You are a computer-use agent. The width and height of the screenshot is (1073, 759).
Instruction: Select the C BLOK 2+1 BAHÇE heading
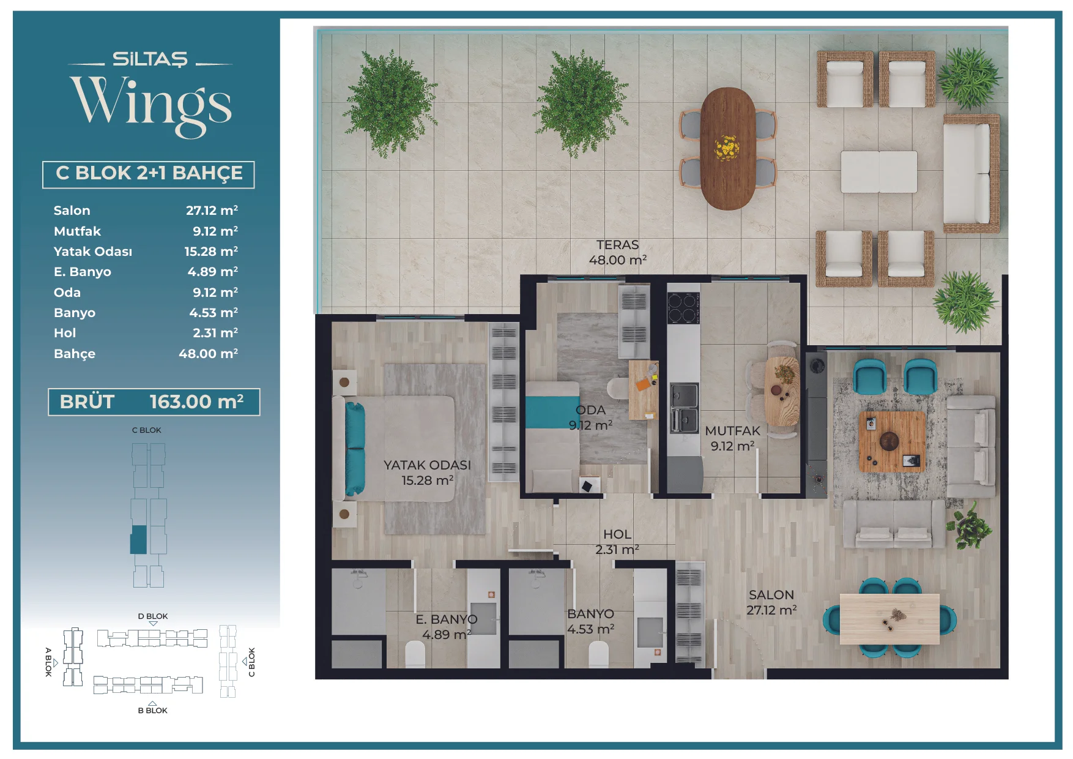pyautogui.click(x=149, y=173)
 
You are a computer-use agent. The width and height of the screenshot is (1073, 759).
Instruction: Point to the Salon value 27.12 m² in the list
pyautogui.click(x=212, y=211)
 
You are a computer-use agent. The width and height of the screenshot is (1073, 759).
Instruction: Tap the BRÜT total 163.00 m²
pyautogui.click(x=196, y=402)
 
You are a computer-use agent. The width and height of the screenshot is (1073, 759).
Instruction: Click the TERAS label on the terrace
pyautogui.click(x=618, y=245)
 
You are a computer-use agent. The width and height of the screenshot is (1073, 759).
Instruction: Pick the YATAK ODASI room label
pyautogui.click(x=427, y=465)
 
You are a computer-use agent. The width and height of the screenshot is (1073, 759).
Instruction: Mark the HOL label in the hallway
pyautogui.click(x=617, y=534)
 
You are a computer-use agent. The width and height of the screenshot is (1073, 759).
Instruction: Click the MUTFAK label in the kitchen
pyautogui.click(x=732, y=431)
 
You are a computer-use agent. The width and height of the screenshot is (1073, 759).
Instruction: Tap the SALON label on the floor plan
pyautogui.click(x=771, y=595)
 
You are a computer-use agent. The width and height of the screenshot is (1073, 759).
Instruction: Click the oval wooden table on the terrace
pyautogui.click(x=727, y=149)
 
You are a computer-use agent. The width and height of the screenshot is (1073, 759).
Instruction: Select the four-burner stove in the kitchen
pyautogui.click(x=683, y=308)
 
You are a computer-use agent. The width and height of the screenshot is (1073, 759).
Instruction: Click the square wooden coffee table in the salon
pyautogui.click(x=892, y=441)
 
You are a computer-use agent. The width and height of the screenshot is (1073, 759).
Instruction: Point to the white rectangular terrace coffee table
pyautogui.click(x=878, y=172)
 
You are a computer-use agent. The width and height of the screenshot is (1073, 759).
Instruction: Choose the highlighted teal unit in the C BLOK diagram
pyautogui.click(x=139, y=540)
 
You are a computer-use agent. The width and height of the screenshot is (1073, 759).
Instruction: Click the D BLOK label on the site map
pyautogui.click(x=153, y=616)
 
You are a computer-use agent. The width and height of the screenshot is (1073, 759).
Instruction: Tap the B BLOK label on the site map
pyautogui.click(x=153, y=711)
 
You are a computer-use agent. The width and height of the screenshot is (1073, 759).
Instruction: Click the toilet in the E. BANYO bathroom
pyautogui.click(x=415, y=654)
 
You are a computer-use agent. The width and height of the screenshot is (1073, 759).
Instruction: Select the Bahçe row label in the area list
pyautogui.click(x=75, y=354)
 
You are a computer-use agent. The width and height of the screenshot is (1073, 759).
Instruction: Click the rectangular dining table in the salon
pyautogui.click(x=889, y=619)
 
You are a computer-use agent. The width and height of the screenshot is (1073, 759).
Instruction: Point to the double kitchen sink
pyautogui.click(x=685, y=407)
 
